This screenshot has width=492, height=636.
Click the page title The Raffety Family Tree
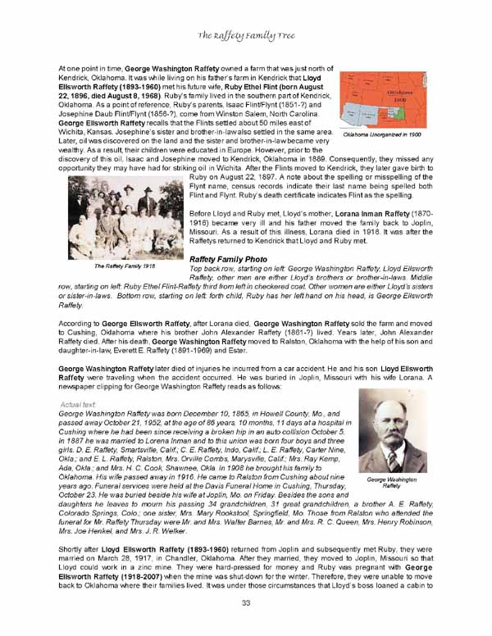point(245,36)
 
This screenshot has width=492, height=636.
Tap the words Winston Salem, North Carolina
point(270,116)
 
